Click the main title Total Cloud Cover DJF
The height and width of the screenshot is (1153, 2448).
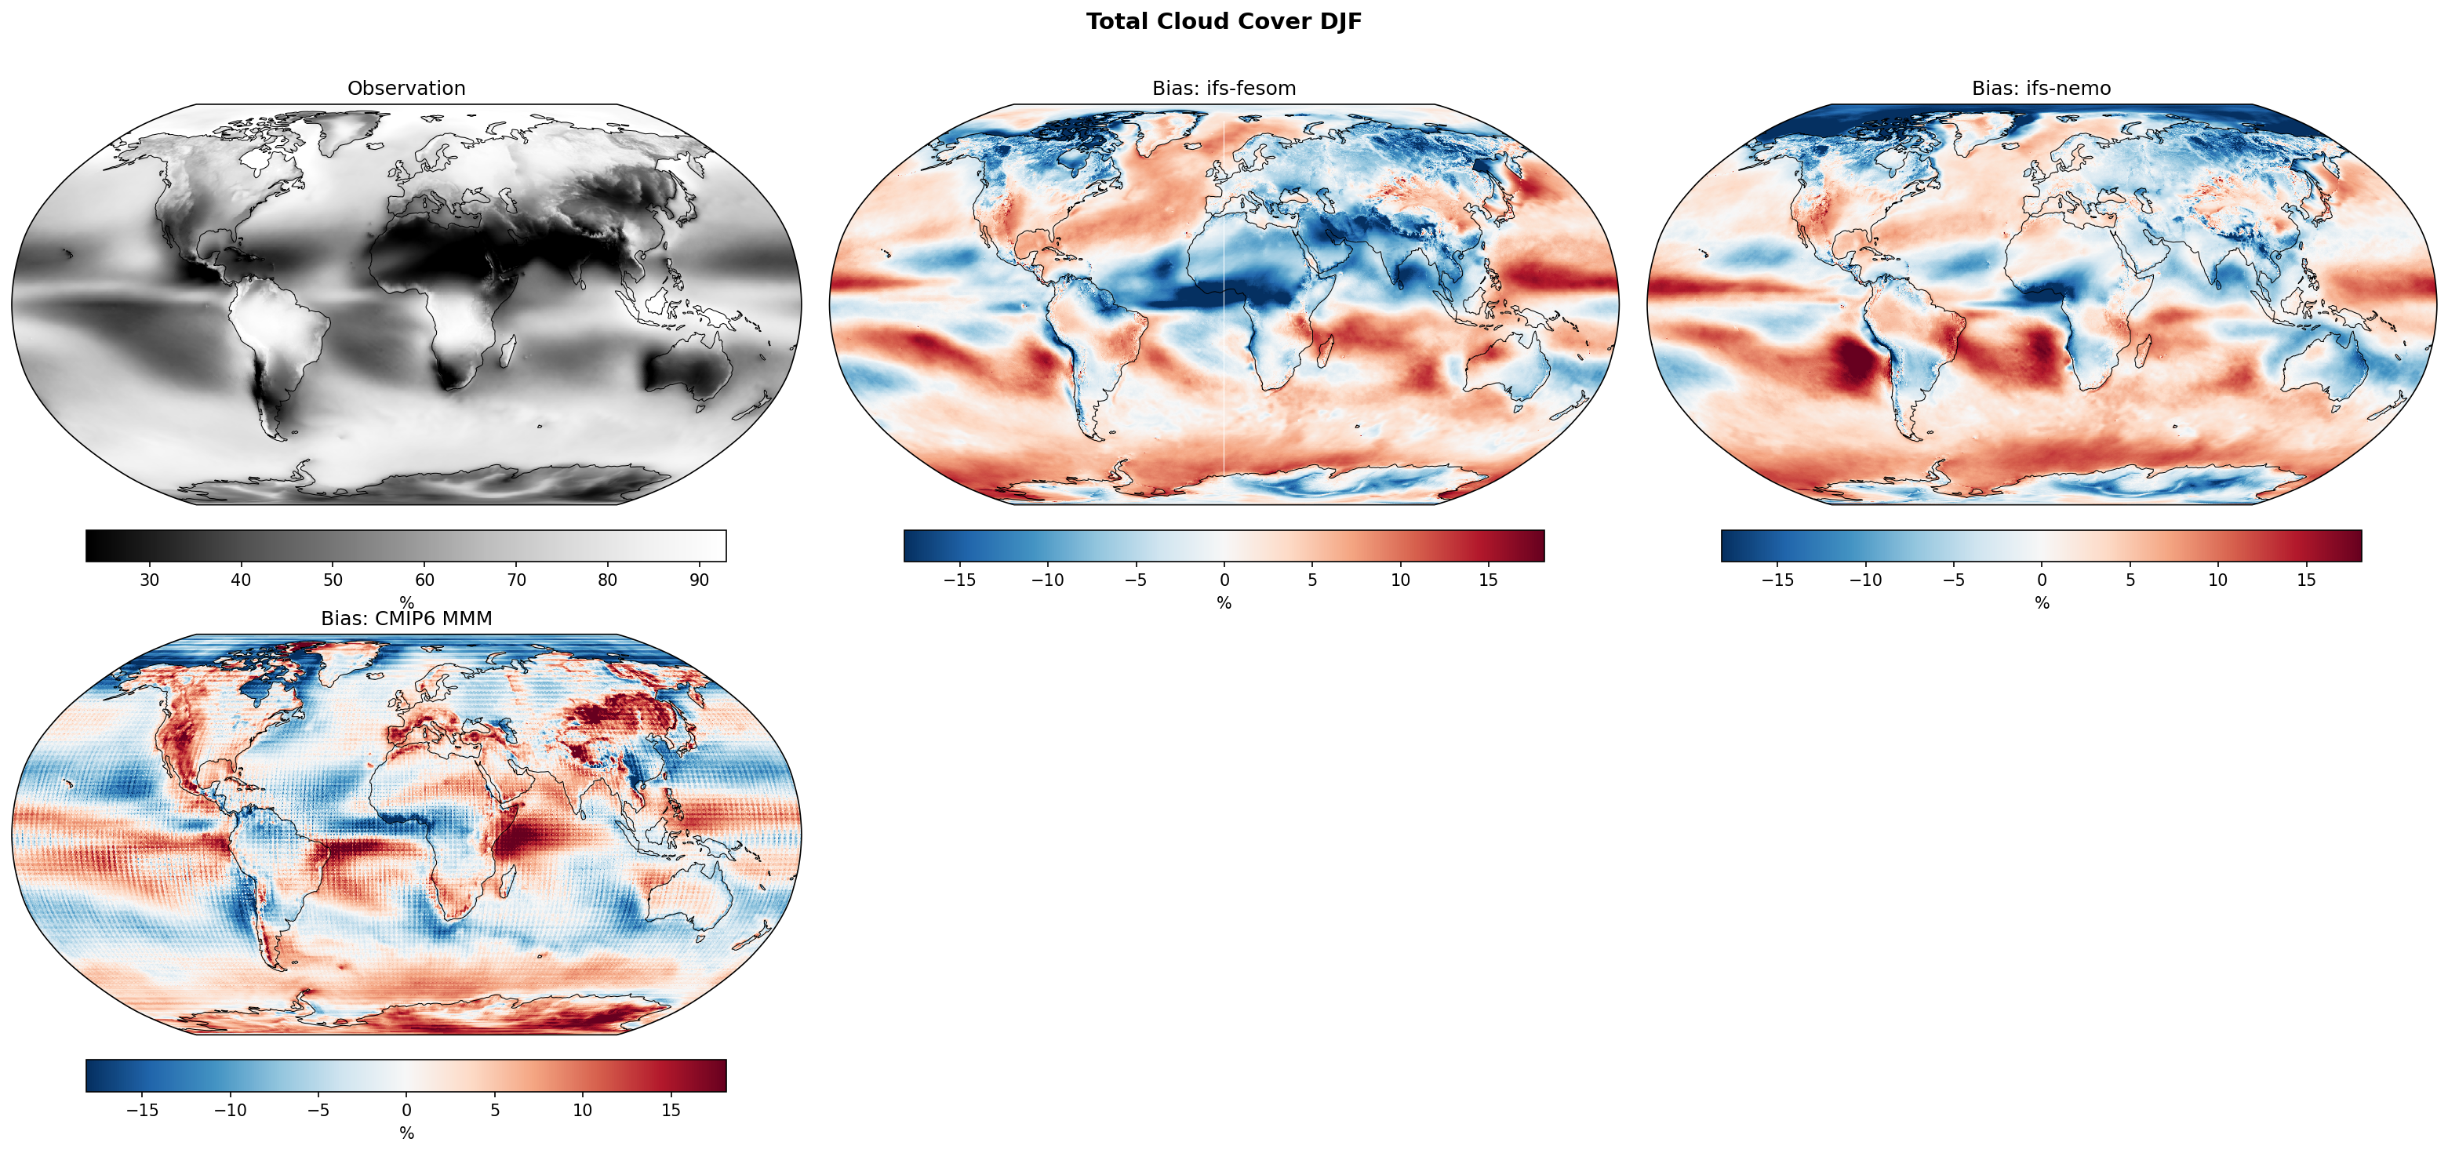tap(1224, 22)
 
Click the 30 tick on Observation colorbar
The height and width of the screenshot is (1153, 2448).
tap(149, 580)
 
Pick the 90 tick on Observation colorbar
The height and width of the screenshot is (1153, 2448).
tap(700, 580)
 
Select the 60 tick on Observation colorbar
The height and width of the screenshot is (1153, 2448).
tap(425, 580)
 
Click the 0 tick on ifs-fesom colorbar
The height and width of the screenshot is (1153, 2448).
tap(1224, 580)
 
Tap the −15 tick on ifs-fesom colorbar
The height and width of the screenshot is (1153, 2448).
tap(960, 580)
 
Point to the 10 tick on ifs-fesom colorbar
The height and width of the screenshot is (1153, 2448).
tap(1401, 580)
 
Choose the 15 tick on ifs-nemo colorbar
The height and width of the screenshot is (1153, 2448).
tap(2306, 580)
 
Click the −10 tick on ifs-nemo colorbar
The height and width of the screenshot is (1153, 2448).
tap(1865, 580)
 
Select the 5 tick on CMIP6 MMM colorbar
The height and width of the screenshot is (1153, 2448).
tap(495, 1110)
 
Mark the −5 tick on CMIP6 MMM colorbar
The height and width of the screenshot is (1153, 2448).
tap(318, 1110)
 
